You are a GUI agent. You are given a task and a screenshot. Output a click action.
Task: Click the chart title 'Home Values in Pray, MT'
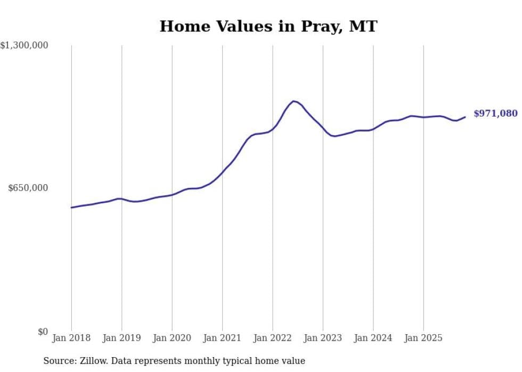coord(268,26)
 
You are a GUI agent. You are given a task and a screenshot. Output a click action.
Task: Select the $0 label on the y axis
coord(43,332)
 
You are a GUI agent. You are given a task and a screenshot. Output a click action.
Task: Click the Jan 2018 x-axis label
coord(71,338)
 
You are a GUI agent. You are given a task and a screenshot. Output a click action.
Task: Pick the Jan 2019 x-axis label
coord(121,338)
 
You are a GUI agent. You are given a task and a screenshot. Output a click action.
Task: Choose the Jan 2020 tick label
coord(172,338)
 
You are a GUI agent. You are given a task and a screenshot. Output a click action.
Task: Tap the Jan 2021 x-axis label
coord(222,338)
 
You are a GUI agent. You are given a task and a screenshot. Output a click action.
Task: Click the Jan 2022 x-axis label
coord(272,338)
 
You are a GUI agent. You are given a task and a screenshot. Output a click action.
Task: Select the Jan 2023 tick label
coord(323,338)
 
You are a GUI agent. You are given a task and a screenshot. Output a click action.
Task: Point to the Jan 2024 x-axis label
coord(373,338)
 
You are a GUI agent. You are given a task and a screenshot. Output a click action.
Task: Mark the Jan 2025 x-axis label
coord(423,338)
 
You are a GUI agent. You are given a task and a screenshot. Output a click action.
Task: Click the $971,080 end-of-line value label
coord(495,113)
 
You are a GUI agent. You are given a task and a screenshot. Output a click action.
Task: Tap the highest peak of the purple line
coord(293,101)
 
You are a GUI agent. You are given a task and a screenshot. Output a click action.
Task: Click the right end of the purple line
coord(465,117)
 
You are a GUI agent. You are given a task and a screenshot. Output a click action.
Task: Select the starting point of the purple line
coord(71,208)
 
